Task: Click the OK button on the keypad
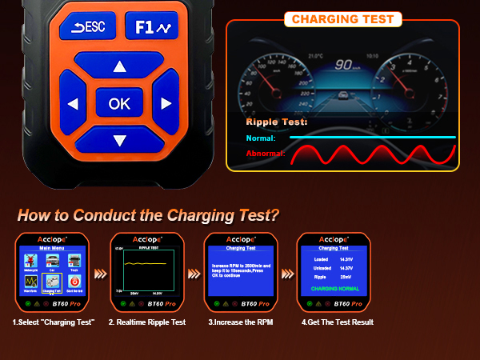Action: click(119, 103)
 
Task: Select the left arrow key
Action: click(73, 104)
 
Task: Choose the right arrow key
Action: click(166, 103)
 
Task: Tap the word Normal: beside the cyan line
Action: click(261, 138)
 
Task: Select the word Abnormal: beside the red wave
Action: click(266, 153)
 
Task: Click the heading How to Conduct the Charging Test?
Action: click(148, 214)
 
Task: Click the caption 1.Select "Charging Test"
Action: click(54, 322)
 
